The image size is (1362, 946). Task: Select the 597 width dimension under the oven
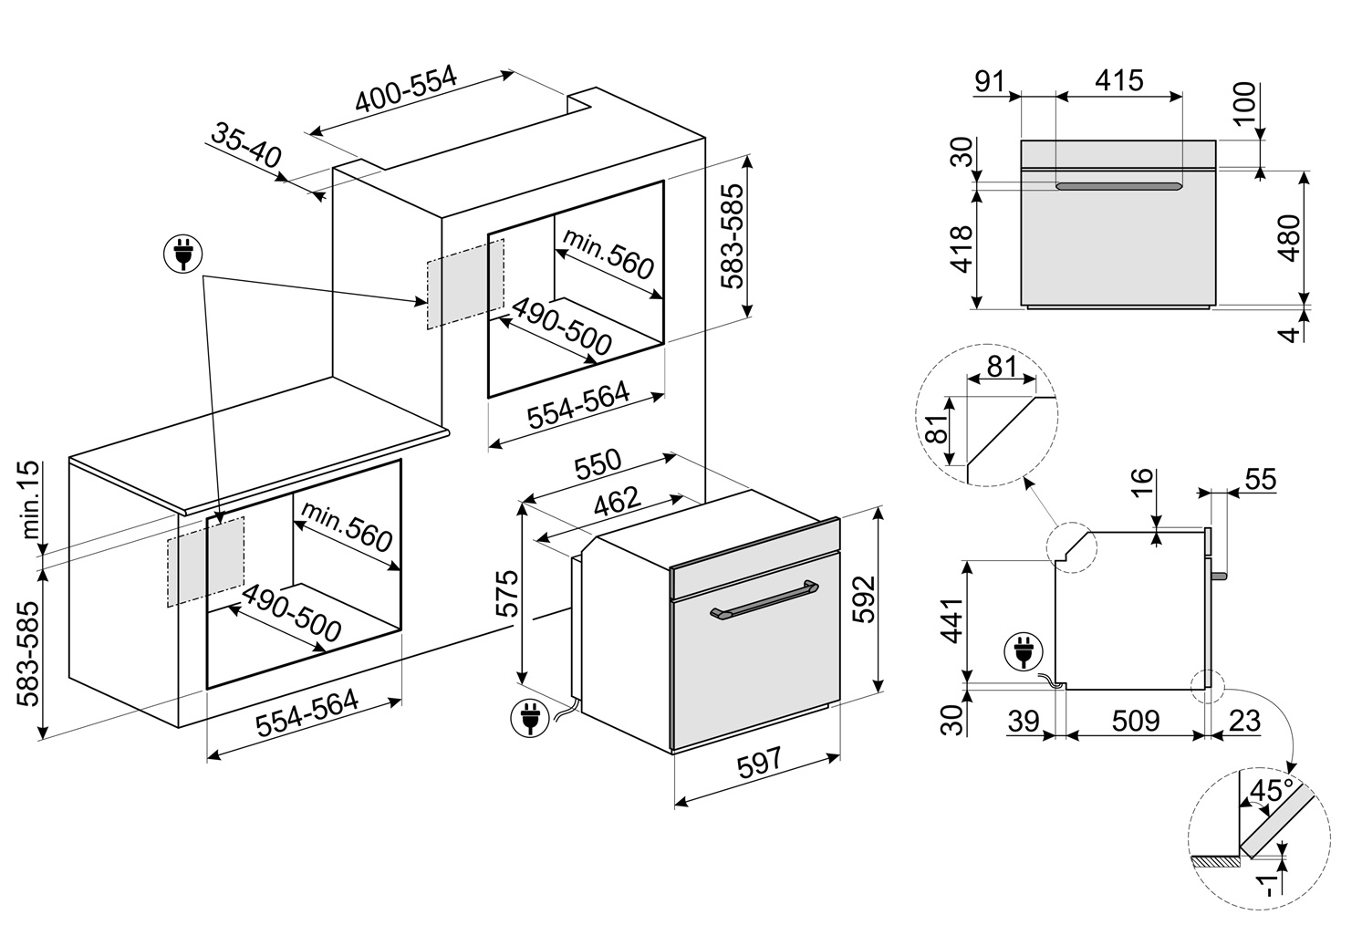pos(759,762)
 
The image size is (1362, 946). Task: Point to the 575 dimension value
pos(507,594)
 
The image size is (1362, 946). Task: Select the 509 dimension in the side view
pos(1135,721)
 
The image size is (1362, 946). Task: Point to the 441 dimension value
pos(951,620)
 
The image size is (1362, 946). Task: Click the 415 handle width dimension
pos(1118,80)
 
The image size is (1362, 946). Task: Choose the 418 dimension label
pos(961,248)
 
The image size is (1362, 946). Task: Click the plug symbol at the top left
pos(182,255)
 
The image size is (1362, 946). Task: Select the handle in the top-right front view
pos(1118,187)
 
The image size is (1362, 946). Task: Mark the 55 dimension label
pos(1260,480)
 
